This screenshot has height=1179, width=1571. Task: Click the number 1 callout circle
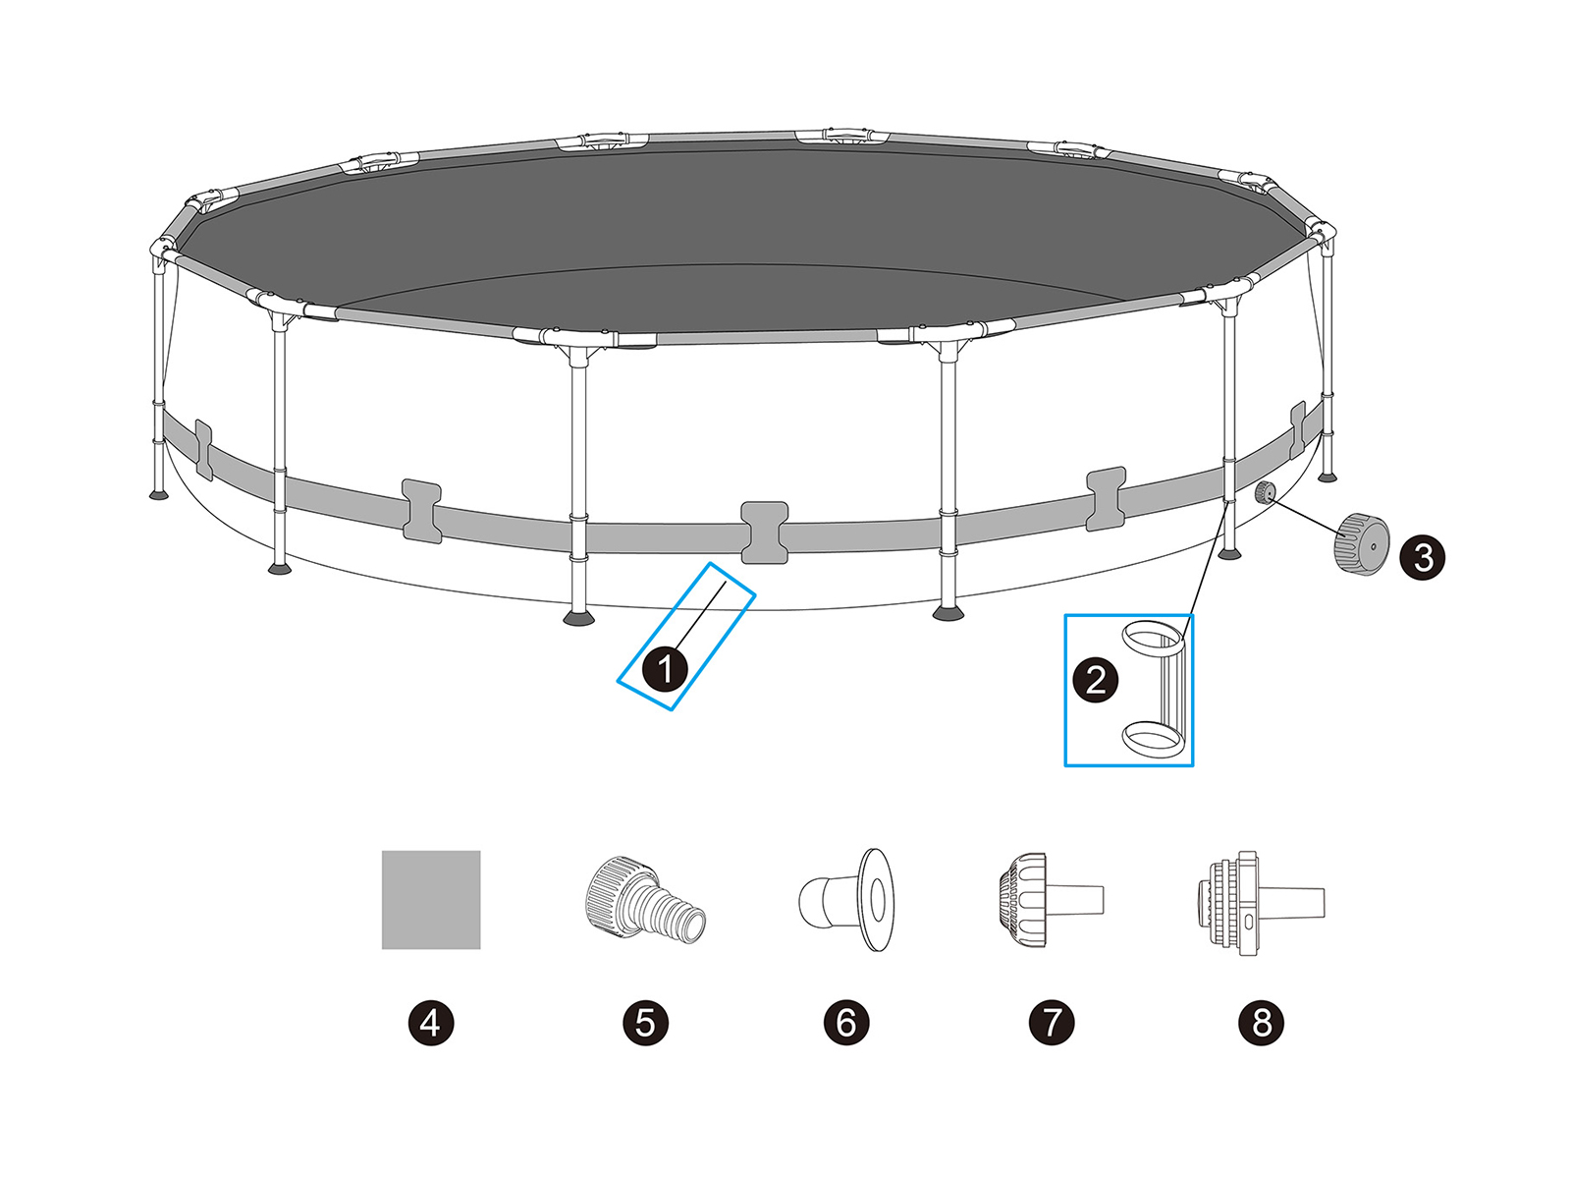click(x=665, y=669)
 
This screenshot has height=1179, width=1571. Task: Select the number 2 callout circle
click(x=1095, y=679)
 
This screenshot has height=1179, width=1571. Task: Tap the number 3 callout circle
click(x=1422, y=556)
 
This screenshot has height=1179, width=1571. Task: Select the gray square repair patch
click(x=431, y=900)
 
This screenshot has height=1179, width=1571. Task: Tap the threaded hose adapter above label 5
click(x=645, y=898)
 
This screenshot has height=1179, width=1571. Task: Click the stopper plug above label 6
click(x=846, y=900)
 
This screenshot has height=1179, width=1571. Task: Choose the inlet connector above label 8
click(x=1261, y=903)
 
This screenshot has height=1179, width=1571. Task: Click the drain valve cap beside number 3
click(x=1361, y=543)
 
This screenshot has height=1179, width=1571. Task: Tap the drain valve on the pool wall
click(x=1265, y=494)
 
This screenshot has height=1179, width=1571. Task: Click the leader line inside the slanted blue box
click(x=699, y=616)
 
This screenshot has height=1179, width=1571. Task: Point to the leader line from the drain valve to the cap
click(x=1304, y=515)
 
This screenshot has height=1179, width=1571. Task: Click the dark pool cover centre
click(x=744, y=236)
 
